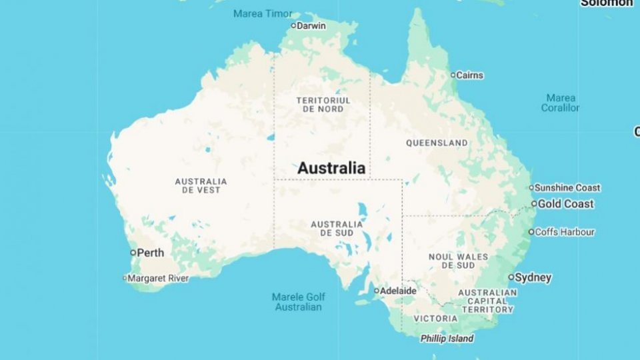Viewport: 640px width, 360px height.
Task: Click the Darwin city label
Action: [311, 26]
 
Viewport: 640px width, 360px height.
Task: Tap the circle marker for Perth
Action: [133, 253]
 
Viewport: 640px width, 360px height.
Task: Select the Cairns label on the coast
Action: [469, 75]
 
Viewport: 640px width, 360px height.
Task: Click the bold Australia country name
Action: [331, 168]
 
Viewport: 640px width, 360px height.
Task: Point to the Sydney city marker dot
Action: [511, 277]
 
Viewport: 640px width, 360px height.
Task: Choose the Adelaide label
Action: [399, 291]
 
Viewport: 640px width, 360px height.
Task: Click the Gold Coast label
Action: [565, 204]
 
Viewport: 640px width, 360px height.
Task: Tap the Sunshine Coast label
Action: [567, 188]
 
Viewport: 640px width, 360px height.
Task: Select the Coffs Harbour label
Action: [565, 232]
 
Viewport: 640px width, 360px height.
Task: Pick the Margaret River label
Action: [158, 278]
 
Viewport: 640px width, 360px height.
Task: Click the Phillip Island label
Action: [447, 339]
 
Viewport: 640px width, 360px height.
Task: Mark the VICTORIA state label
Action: [435, 319]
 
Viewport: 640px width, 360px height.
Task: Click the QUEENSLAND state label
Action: [437, 143]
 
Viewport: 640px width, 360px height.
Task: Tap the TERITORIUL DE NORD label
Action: [323, 105]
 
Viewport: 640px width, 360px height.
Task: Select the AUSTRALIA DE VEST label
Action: [201, 185]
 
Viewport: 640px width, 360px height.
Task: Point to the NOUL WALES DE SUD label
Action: [458, 261]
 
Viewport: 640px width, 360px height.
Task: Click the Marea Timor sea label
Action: [263, 13]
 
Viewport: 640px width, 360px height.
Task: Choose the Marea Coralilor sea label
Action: [560, 103]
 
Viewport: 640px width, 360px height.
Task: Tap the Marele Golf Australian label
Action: [299, 302]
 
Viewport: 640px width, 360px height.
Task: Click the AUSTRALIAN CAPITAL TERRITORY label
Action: [487, 301]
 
